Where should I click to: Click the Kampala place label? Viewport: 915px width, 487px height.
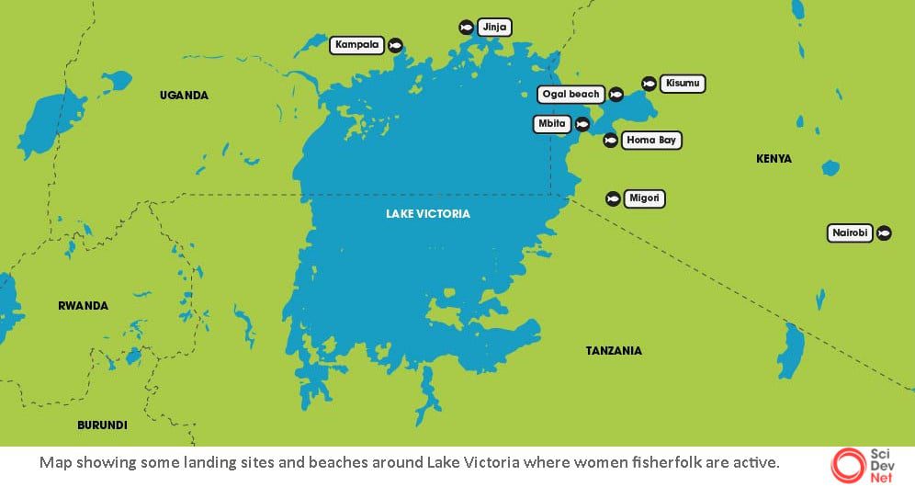point(357,45)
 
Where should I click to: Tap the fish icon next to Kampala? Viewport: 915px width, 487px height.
point(395,45)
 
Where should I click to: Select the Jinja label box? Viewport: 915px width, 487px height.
point(494,28)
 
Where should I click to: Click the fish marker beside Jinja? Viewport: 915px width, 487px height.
point(466,28)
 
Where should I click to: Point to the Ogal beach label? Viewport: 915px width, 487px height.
point(570,95)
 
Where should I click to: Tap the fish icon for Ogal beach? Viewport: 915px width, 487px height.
point(616,95)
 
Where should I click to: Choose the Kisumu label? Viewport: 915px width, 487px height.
point(683,84)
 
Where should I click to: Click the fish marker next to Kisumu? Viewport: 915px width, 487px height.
point(649,84)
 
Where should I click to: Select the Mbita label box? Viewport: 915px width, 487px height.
point(552,124)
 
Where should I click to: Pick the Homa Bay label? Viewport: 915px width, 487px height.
point(651,141)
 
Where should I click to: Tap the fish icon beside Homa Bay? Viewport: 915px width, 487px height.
point(610,141)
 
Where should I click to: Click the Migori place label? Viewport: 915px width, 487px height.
point(644,198)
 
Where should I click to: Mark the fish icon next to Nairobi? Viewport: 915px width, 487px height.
point(884,233)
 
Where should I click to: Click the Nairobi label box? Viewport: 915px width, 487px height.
point(850,233)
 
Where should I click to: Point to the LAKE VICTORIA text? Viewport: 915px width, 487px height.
point(427,214)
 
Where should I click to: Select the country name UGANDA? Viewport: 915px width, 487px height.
point(184,96)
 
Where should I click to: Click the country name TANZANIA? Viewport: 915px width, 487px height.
point(614,351)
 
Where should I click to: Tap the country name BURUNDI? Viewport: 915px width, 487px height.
point(102,425)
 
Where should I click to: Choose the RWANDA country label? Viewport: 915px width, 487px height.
point(83,306)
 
